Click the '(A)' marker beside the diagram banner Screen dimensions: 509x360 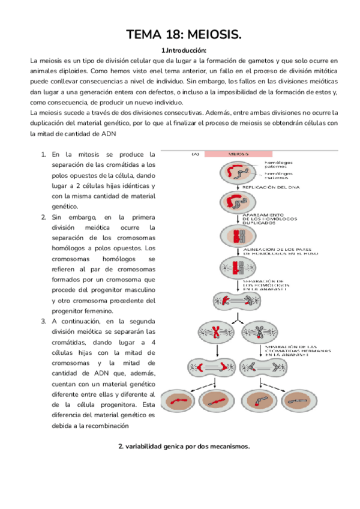pos(195,154)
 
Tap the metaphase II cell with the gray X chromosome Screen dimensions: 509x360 pos(259,332)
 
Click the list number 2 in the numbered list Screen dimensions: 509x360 pos(44,217)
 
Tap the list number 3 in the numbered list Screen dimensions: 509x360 pos(44,321)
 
